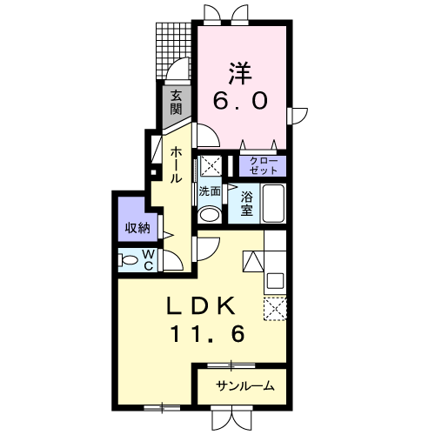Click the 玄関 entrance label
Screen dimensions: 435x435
176,103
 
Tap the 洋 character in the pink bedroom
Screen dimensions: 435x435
240,73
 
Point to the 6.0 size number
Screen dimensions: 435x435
240,100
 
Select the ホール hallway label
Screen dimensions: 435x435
176,164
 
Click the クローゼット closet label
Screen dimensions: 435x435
263,166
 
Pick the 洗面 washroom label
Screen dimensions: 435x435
210,191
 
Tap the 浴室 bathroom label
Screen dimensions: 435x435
246,204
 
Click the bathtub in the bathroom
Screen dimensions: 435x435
273,204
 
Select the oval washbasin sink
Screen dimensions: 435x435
209,215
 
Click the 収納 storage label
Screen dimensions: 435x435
137,228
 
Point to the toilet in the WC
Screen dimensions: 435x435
128,260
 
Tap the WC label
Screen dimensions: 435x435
148,260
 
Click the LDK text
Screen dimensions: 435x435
201,306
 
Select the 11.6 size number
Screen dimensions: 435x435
208,334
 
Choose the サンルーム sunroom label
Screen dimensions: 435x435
245,386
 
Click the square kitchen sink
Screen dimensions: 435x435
275,281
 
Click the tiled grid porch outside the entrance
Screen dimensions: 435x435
173,50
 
